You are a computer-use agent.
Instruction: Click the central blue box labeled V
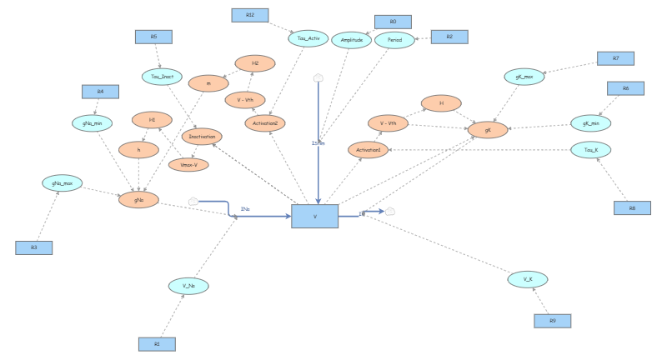pos(314,216)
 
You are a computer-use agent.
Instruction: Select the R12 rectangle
pos(250,15)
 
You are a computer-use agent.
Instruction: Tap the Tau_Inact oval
pos(162,77)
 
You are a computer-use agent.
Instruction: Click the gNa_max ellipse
pos(63,182)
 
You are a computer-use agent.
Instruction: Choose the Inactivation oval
pos(202,137)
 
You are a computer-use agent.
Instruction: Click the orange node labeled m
pos(208,83)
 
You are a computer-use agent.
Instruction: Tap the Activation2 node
pos(265,122)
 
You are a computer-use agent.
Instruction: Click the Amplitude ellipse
pos(351,40)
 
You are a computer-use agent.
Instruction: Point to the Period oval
pos(394,40)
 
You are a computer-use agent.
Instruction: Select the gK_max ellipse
pos(524,77)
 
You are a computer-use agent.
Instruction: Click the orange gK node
pos(487,129)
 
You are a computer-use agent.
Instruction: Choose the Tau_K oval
pos(591,150)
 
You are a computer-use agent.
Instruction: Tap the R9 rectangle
pos(552,321)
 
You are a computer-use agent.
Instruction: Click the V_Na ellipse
pos(188,286)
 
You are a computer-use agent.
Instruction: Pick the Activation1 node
pos(369,150)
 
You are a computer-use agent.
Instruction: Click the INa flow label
pos(245,208)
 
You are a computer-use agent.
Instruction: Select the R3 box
pos(34,247)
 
